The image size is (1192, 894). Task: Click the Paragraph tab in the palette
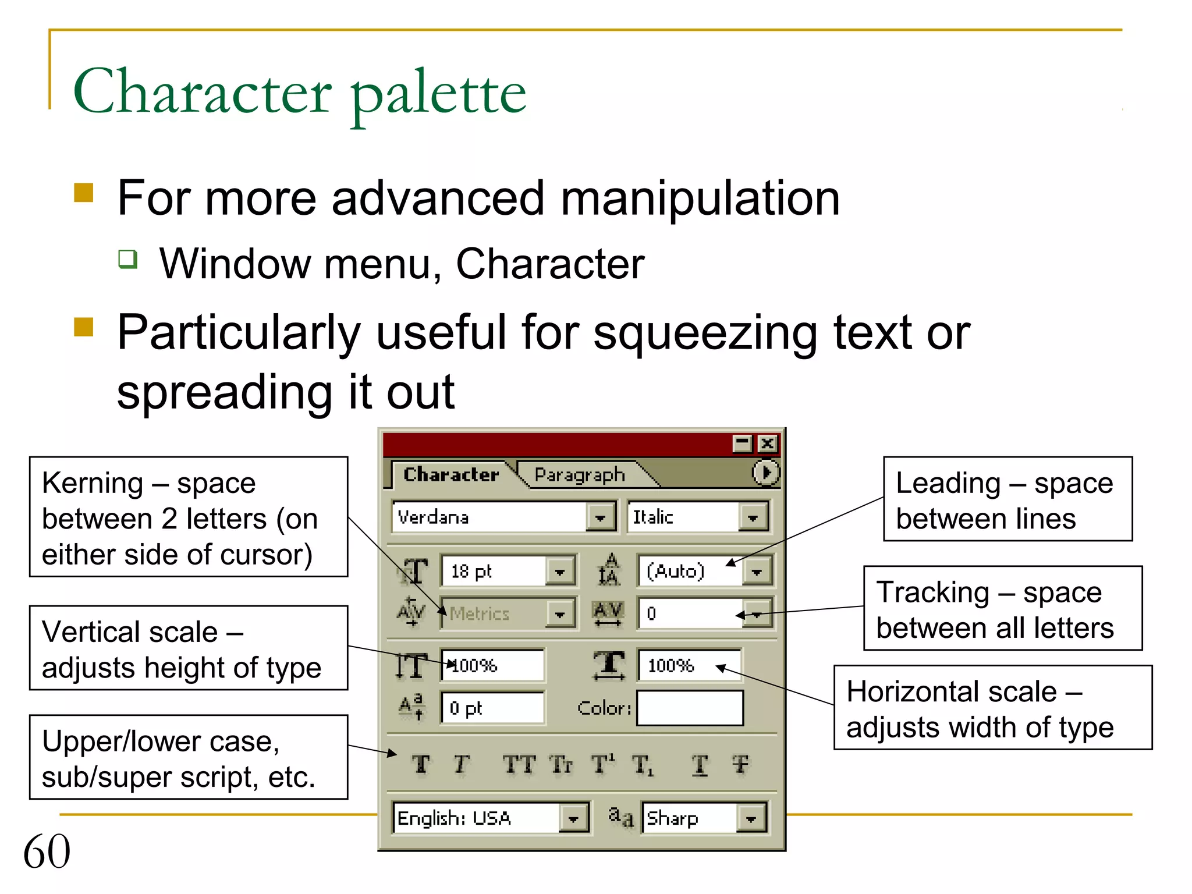coord(580,475)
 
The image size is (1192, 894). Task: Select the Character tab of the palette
coord(451,474)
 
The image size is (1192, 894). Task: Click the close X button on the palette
coord(768,444)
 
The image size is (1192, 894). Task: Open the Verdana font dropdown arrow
coord(601,517)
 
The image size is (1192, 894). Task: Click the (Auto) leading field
coord(690,571)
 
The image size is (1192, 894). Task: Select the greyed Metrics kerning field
coord(494,613)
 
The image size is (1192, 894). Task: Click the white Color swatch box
coord(690,708)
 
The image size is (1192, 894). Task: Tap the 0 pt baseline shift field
coord(492,708)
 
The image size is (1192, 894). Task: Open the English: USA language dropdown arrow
coord(574,818)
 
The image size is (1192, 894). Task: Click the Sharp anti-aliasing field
coord(689,818)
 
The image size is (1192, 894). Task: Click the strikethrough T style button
coord(741,764)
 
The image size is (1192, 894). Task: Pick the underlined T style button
coord(700,765)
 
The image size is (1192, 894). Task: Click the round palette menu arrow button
coord(765,472)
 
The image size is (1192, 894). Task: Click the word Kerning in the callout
coord(93,483)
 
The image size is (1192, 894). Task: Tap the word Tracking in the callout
coord(933,593)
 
